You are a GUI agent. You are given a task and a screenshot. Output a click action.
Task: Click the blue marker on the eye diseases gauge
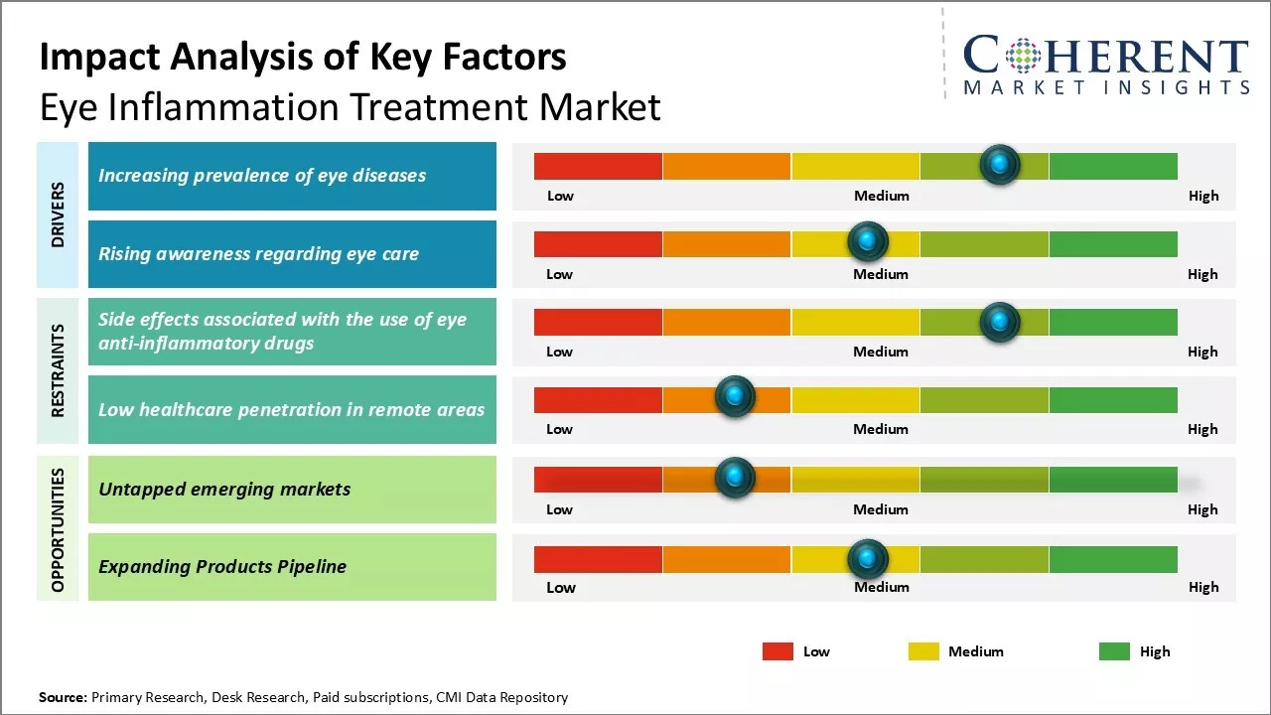pos(999,164)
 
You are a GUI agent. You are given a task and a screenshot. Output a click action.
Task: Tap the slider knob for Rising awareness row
pos(867,241)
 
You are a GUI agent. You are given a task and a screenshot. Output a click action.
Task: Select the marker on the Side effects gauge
pos(999,322)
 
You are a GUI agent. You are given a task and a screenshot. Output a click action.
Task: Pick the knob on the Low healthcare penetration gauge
pos(735,397)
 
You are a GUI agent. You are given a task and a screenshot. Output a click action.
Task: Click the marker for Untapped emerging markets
pos(735,478)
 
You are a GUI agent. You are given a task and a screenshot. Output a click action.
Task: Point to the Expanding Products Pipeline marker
pos(867,559)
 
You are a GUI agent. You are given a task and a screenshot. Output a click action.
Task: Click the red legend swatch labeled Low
pos(777,651)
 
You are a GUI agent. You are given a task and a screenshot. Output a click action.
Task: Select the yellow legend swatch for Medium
pos(923,651)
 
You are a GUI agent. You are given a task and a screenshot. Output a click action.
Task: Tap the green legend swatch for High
pos(1114,651)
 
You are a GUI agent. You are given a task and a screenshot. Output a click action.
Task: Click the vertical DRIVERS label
pos(58,214)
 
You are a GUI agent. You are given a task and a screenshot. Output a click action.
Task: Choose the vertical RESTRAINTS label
pos(58,370)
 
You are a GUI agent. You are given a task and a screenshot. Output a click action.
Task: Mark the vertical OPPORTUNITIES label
pos(58,530)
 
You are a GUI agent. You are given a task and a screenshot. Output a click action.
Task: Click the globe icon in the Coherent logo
pos(1022,56)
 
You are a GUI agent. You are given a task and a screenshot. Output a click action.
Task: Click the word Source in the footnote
pos(63,697)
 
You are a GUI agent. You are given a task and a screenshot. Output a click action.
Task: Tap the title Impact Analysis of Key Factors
pos(303,58)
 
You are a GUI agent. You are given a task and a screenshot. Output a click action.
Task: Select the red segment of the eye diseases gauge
pos(598,166)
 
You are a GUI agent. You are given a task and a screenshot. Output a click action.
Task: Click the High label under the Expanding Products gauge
pos(1202,587)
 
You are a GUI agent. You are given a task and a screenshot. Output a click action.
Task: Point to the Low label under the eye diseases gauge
pos(560,196)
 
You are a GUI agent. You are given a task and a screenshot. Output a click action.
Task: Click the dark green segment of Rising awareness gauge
pos(1112,243)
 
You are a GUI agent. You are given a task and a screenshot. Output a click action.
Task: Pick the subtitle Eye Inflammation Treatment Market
pos(350,107)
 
